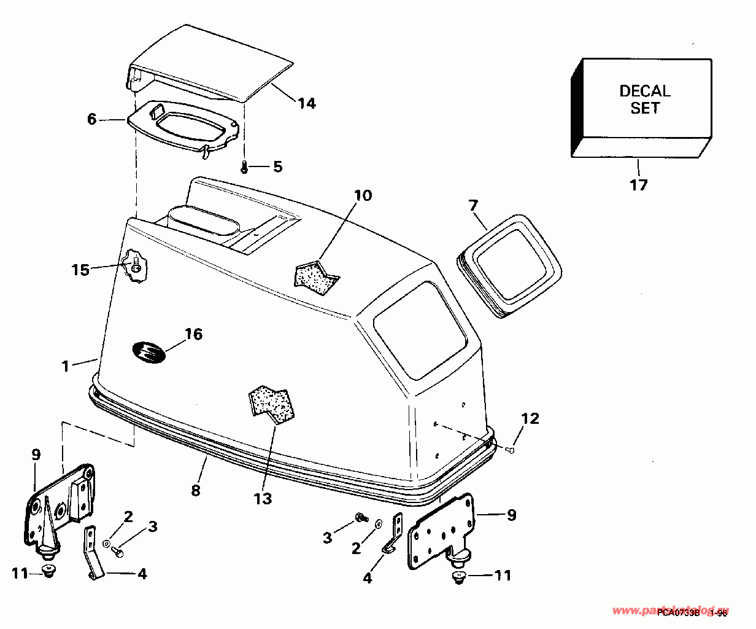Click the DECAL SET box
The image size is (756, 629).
[644, 101]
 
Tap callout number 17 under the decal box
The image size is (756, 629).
[639, 184]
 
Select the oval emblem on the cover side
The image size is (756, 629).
[148, 353]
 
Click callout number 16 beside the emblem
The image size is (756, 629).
[193, 334]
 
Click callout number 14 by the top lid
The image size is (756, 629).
[307, 103]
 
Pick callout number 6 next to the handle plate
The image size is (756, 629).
[91, 119]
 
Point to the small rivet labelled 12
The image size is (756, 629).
[510, 450]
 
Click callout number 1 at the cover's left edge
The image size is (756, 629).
[65, 366]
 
